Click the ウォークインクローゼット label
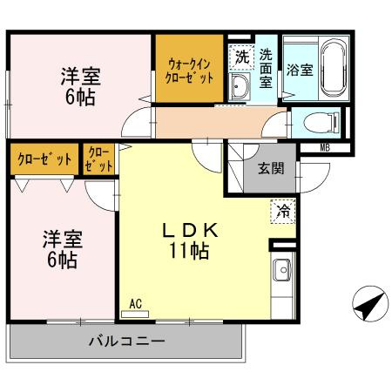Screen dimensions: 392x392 pyautogui.click(x=189, y=68)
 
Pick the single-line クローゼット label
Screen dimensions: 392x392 pyautogui.click(x=43, y=161)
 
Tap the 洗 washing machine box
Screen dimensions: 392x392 pyautogui.click(x=241, y=57)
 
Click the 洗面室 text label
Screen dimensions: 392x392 pyautogui.click(x=267, y=68)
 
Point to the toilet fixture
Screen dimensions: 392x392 pyautogui.click(x=322, y=121)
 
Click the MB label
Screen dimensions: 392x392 pyautogui.click(x=325, y=147)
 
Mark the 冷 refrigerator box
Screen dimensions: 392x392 pyautogui.click(x=283, y=210)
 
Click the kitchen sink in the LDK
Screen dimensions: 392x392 pyautogui.click(x=282, y=274)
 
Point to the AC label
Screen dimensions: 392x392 pyautogui.click(x=135, y=304)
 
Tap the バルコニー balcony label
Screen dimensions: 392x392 pyautogui.click(x=125, y=341)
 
